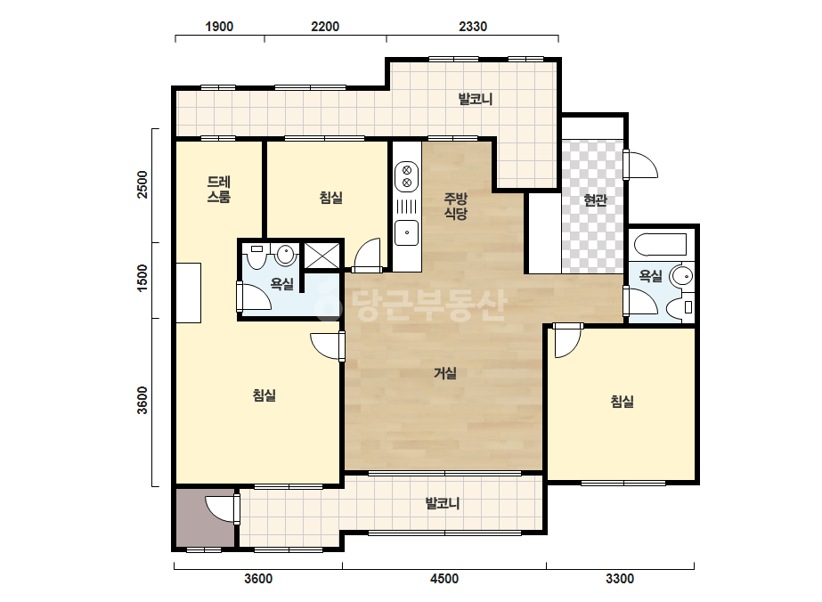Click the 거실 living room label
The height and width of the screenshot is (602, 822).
[445, 373]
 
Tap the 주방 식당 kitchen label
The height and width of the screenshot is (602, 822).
[456, 206]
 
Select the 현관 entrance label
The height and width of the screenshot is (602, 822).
[595, 199]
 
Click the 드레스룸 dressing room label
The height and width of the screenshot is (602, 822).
[218, 190]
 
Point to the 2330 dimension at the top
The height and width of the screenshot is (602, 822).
[473, 26]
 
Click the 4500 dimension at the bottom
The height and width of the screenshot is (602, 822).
[444, 579]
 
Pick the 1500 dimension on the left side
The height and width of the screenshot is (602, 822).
[142, 279]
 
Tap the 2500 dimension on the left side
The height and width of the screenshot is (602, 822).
[142, 184]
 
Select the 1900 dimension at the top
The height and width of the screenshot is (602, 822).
[219, 26]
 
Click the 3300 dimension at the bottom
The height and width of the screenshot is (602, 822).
[620, 579]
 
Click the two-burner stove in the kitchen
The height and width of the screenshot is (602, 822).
[406, 176]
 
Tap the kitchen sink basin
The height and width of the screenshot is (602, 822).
[406, 232]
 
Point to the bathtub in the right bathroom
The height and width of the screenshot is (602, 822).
[660, 244]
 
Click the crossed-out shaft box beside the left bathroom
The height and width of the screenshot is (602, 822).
[321, 256]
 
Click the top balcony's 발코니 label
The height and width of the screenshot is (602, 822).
[476, 99]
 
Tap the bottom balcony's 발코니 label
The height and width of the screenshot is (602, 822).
[443, 503]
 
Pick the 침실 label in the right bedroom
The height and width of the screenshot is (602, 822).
[623, 402]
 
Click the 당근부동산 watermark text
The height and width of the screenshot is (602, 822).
[411, 305]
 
